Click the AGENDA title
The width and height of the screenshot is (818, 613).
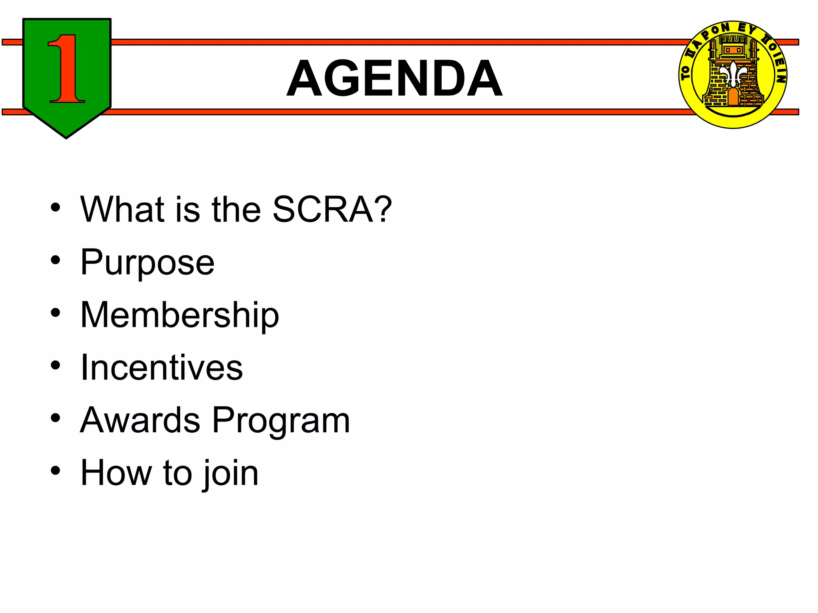[x=394, y=78]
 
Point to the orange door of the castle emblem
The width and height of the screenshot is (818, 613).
[x=733, y=97]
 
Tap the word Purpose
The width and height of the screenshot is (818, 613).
[x=147, y=262]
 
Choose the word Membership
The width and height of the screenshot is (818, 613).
[x=180, y=315]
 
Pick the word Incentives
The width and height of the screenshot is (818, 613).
[x=162, y=368]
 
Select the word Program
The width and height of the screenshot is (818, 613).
[x=281, y=421]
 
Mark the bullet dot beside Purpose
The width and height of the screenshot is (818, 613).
[x=56, y=261]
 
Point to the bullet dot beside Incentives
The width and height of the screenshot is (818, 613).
[x=56, y=366]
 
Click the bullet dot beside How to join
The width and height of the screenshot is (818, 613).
[x=56, y=471]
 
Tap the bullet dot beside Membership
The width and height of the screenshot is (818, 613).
[x=56, y=313]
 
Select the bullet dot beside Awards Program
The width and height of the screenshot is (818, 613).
[x=56, y=418]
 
